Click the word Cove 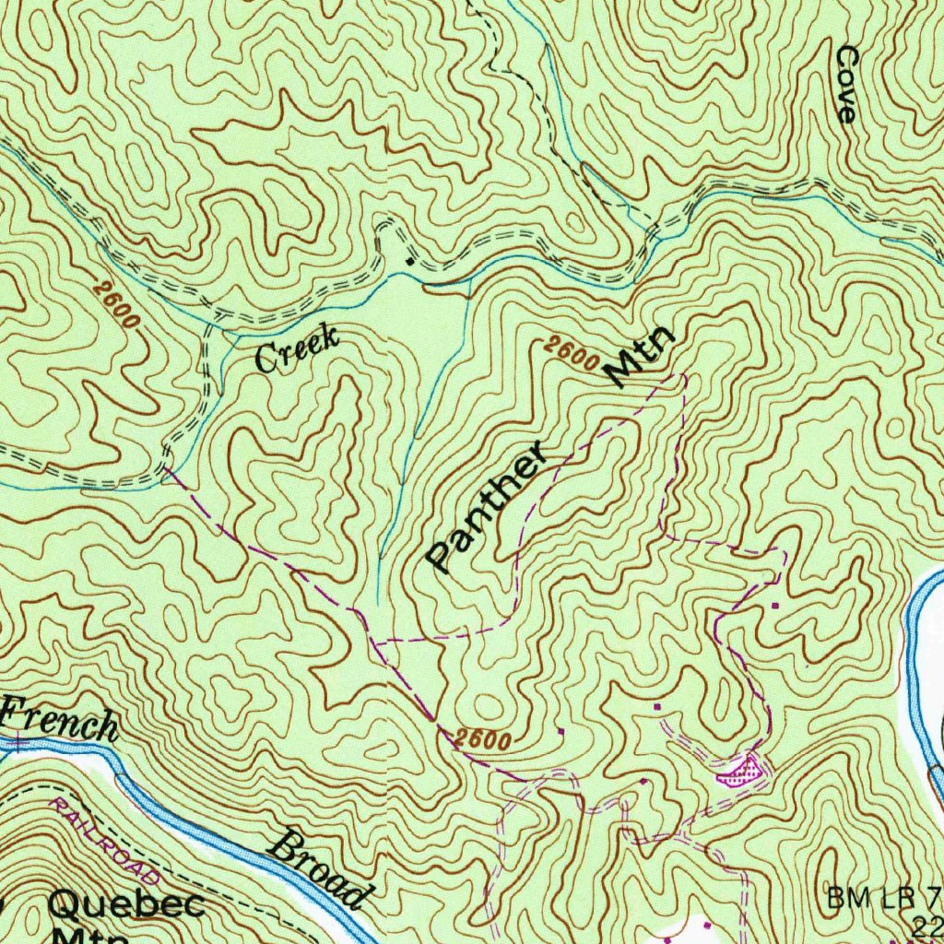pos(845,85)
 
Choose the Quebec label pos(126,904)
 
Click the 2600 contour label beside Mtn pos(570,354)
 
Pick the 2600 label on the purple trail pos(483,739)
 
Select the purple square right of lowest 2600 pos(561,731)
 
